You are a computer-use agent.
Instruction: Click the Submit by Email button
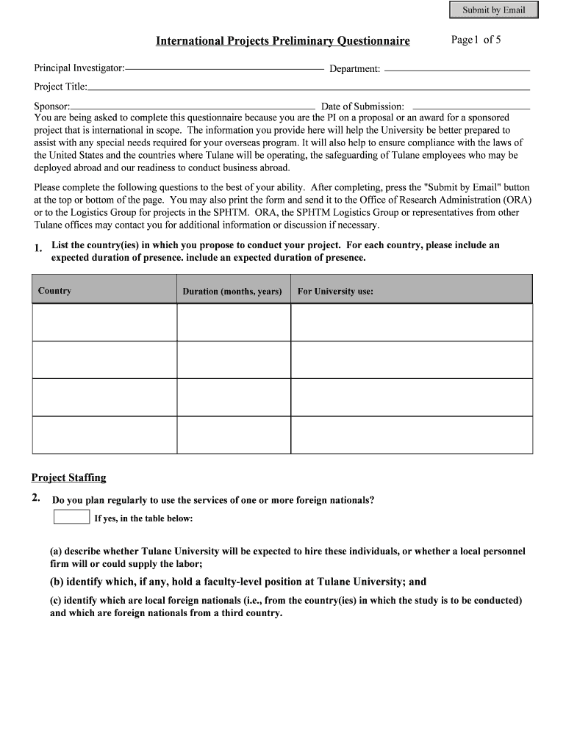pos(493,10)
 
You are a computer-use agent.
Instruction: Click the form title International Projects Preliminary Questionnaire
pos(282,41)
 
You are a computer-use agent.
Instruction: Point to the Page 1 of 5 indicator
pos(476,40)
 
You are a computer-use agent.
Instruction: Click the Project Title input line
pos(309,87)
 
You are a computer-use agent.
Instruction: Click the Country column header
pos(54,291)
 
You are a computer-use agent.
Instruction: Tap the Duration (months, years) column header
pos(232,292)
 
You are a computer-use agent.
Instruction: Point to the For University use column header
pos(335,292)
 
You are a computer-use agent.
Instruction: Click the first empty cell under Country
pos(104,322)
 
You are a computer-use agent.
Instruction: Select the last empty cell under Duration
pos(234,435)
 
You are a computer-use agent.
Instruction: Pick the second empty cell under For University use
pos(412,360)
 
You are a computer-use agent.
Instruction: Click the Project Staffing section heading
pos(69,477)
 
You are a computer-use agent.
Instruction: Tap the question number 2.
pos(35,499)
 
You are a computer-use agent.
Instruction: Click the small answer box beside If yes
pos(72,517)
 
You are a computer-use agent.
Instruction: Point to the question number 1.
pos(37,250)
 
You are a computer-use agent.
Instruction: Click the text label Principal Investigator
pos(78,68)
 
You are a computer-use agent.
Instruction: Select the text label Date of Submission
pos(362,106)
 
